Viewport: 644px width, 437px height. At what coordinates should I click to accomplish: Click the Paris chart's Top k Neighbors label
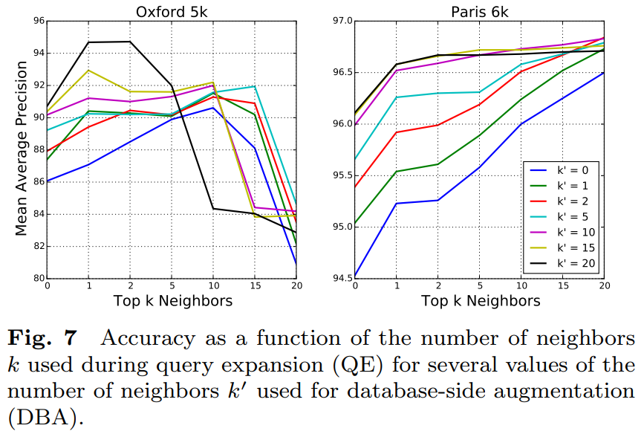[x=481, y=301]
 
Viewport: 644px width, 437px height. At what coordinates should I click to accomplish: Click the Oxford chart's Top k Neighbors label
[x=172, y=301]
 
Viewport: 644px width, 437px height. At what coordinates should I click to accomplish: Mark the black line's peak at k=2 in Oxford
[x=131, y=42]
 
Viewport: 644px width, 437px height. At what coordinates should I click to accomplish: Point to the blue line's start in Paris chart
[x=355, y=276]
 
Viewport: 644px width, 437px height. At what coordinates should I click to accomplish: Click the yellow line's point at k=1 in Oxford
[x=89, y=70]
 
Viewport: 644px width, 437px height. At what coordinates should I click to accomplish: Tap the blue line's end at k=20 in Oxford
[x=297, y=263]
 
